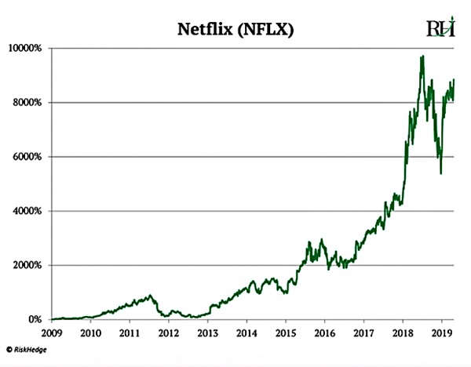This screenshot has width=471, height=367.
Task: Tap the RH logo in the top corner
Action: pyautogui.click(x=440, y=28)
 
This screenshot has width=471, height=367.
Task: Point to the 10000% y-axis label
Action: pyautogui.click(x=27, y=49)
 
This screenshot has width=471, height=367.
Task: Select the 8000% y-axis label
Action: pyautogui.click(x=29, y=103)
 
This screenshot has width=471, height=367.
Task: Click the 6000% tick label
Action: pyautogui.click(x=29, y=157)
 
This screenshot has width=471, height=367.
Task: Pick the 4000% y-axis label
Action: pyautogui.click(x=29, y=211)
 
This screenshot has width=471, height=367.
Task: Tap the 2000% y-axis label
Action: pyautogui.click(x=29, y=265)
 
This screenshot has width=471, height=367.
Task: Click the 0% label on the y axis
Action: pyautogui.click(x=35, y=320)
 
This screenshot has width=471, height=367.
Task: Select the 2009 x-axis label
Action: pyautogui.click(x=51, y=332)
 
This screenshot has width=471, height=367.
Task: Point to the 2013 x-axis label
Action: pyautogui.click(x=207, y=332)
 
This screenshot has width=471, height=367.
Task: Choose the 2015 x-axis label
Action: pyautogui.click(x=285, y=332)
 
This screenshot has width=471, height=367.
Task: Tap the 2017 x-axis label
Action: pyautogui.click(x=363, y=332)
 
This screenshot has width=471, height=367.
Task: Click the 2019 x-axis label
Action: pyautogui.click(x=441, y=332)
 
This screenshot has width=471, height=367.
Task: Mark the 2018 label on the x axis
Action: pyautogui.click(x=403, y=332)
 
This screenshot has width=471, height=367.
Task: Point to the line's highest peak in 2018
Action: pyautogui.click(x=423, y=56)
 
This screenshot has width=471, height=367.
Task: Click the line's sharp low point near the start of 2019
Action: pyautogui.click(x=440, y=173)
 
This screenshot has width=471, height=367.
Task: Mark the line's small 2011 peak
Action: pyautogui.click(x=149, y=295)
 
